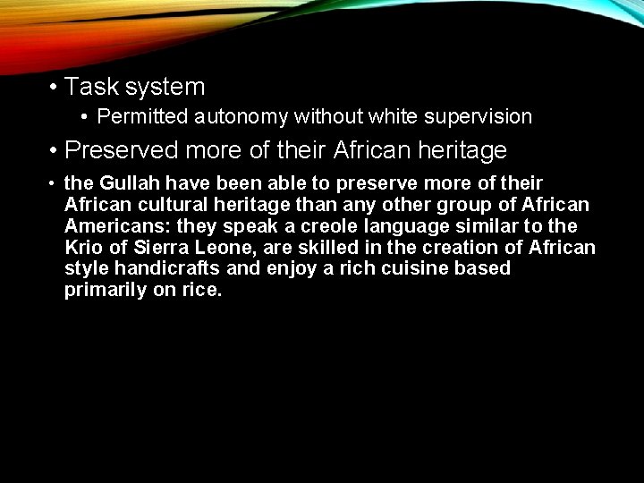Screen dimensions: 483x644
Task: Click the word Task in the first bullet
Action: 91,87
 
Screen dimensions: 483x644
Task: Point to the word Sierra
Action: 158,248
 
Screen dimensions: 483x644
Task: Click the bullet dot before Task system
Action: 55,88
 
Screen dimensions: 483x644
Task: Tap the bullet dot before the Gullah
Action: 54,184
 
